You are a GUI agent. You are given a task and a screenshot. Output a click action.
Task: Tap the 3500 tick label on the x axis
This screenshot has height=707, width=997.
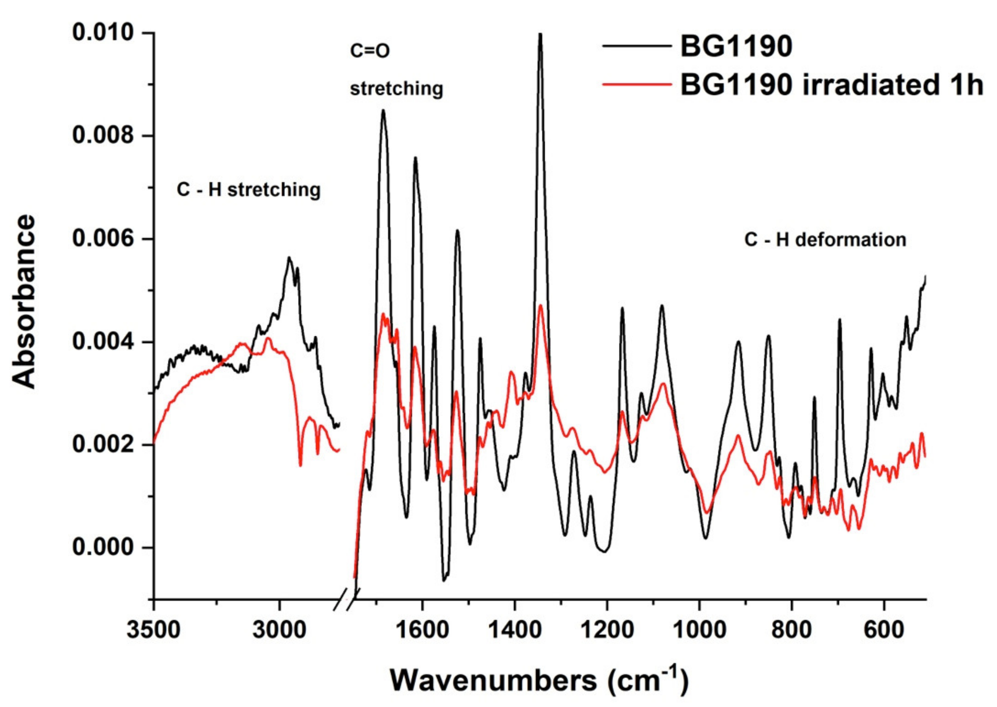click(153, 630)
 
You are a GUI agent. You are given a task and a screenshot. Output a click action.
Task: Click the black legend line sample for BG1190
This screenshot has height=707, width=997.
click(636, 46)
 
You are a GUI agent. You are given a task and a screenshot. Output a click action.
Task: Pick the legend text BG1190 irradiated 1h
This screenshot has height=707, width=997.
click(832, 85)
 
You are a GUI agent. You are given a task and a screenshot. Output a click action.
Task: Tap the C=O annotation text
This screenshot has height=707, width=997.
click(370, 51)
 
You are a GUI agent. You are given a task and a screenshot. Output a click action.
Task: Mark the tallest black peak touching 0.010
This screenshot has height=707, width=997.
click(540, 35)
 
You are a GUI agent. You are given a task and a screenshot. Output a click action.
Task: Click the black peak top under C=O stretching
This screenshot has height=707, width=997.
click(383, 111)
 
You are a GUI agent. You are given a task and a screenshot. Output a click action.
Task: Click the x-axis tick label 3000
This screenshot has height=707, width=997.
click(279, 630)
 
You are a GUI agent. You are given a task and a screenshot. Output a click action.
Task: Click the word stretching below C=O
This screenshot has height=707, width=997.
click(397, 89)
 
